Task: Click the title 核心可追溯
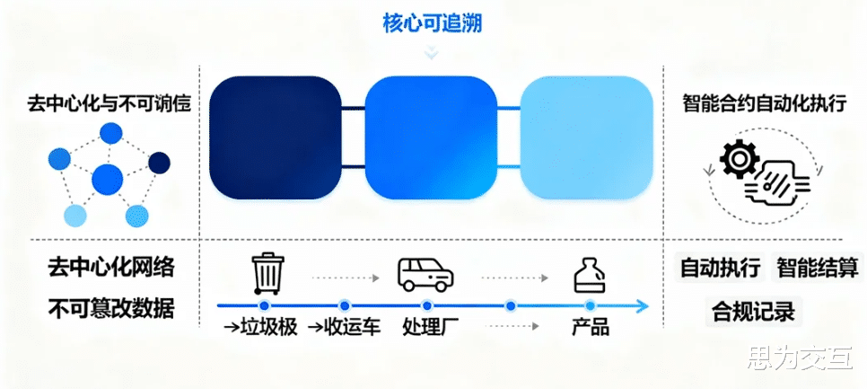pyautogui.click(x=433, y=24)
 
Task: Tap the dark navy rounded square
pyautogui.click(x=274, y=137)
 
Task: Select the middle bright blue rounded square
pyautogui.click(x=431, y=137)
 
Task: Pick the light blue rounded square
pyautogui.click(x=586, y=137)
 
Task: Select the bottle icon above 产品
pyautogui.click(x=590, y=273)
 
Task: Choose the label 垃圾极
pyautogui.click(x=267, y=326)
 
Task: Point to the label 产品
pyautogui.click(x=591, y=326)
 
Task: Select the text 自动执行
pyautogui.click(x=721, y=268)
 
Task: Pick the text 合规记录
pyautogui.click(x=753, y=312)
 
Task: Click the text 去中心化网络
pyautogui.click(x=110, y=268)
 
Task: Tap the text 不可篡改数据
pyautogui.click(x=110, y=309)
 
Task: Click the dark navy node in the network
pyautogui.click(x=159, y=163)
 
